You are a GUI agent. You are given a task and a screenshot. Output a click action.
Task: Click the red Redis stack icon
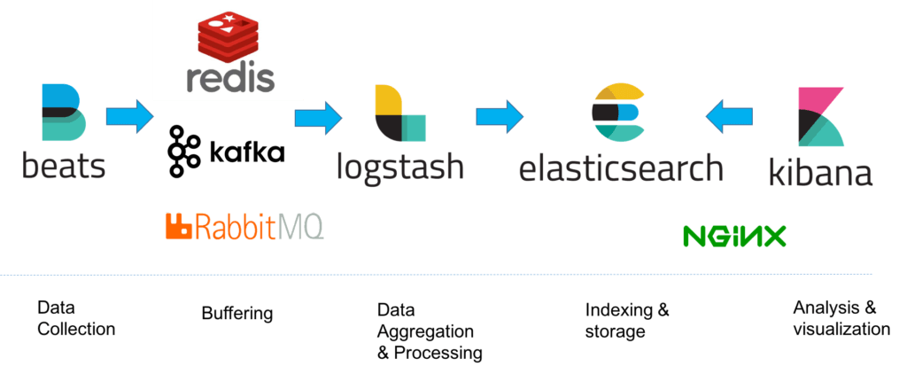pyautogui.click(x=229, y=33)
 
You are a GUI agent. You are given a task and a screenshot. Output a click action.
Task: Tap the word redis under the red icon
pyautogui.click(x=230, y=79)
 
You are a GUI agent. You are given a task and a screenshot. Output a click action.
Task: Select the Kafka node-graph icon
pyautogui.click(x=183, y=151)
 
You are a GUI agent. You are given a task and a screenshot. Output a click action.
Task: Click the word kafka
pyautogui.click(x=246, y=152)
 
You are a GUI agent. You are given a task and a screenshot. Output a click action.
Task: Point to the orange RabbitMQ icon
pyautogui.click(x=179, y=226)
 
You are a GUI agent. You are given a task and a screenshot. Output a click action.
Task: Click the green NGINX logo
pyautogui.click(x=734, y=237)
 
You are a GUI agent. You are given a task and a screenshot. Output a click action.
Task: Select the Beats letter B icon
pyautogui.click(x=64, y=113)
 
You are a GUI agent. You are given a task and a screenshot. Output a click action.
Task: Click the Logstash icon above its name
pyautogui.click(x=400, y=113)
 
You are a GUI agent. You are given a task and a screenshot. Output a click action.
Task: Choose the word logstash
pyautogui.click(x=400, y=166)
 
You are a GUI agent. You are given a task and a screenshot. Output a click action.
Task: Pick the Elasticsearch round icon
pyautogui.click(x=617, y=113)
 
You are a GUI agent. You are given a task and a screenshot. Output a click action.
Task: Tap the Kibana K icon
pyautogui.click(x=821, y=116)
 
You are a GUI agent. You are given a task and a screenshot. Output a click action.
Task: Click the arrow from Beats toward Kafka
pyautogui.click(x=130, y=116)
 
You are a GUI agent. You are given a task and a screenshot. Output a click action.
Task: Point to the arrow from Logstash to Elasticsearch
pyautogui.click(x=500, y=116)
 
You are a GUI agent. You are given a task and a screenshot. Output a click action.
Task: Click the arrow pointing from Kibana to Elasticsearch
pyautogui.click(x=730, y=116)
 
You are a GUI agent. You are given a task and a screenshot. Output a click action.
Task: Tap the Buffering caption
pyautogui.click(x=237, y=314)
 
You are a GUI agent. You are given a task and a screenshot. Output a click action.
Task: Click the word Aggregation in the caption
pyautogui.click(x=425, y=331)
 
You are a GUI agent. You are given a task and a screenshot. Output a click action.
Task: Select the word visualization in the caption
pyautogui.click(x=841, y=329)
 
